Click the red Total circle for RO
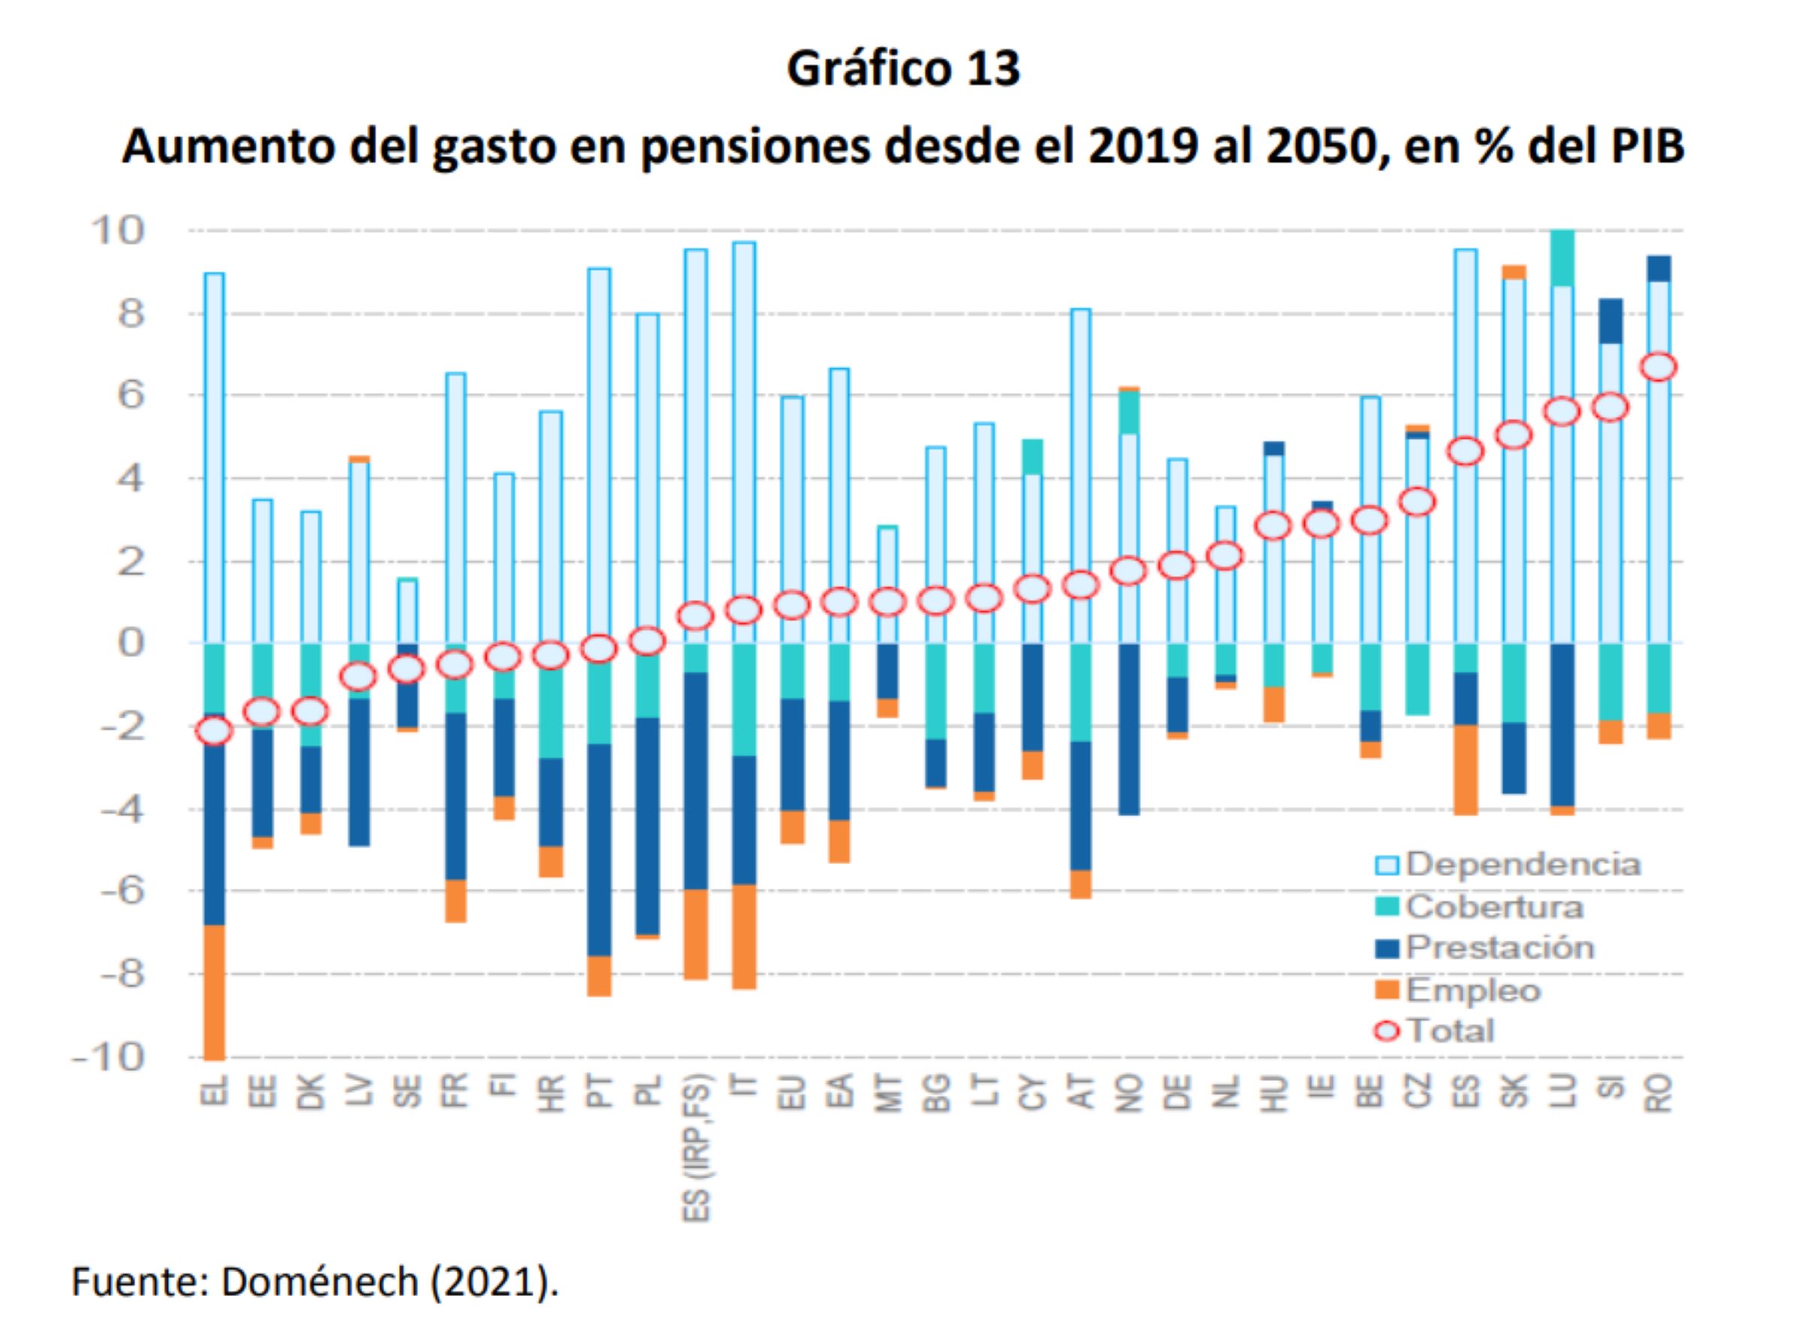point(1658,367)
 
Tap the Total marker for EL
point(214,730)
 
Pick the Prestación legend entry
point(1498,948)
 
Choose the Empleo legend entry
point(1471,990)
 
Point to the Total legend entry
point(1448,1030)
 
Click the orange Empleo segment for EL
point(214,992)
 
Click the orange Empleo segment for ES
point(1465,769)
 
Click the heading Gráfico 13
point(903,69)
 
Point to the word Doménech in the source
point(319,1282)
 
